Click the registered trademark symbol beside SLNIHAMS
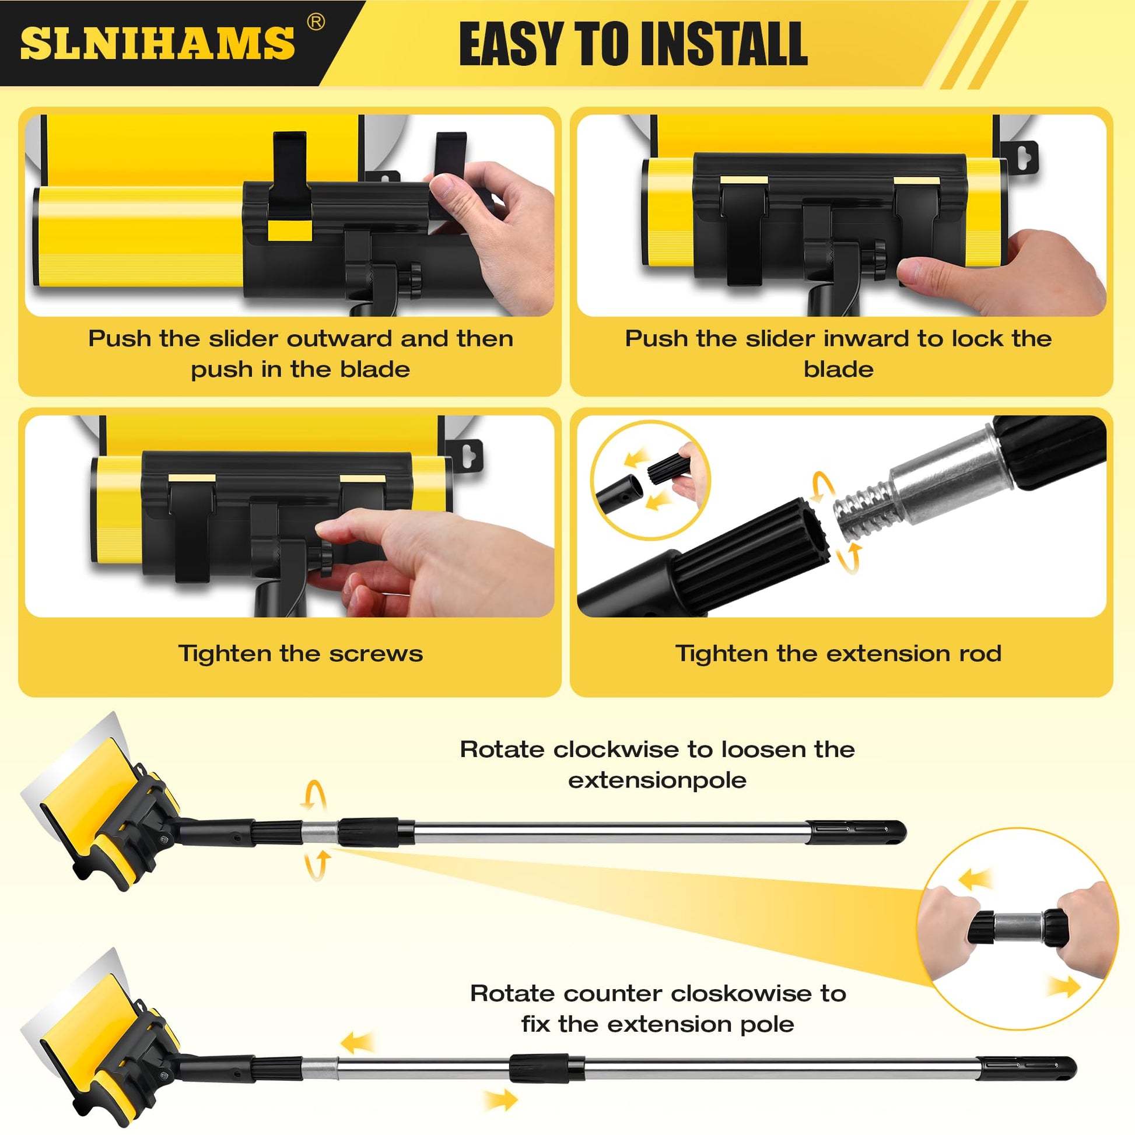(316, 22)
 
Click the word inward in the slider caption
(867, 338)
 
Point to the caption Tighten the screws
(300, 654)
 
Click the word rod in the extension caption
(980, 654)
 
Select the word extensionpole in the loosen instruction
(657, 780)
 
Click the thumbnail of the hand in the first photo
(444, 187)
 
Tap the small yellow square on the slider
(290, 230)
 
